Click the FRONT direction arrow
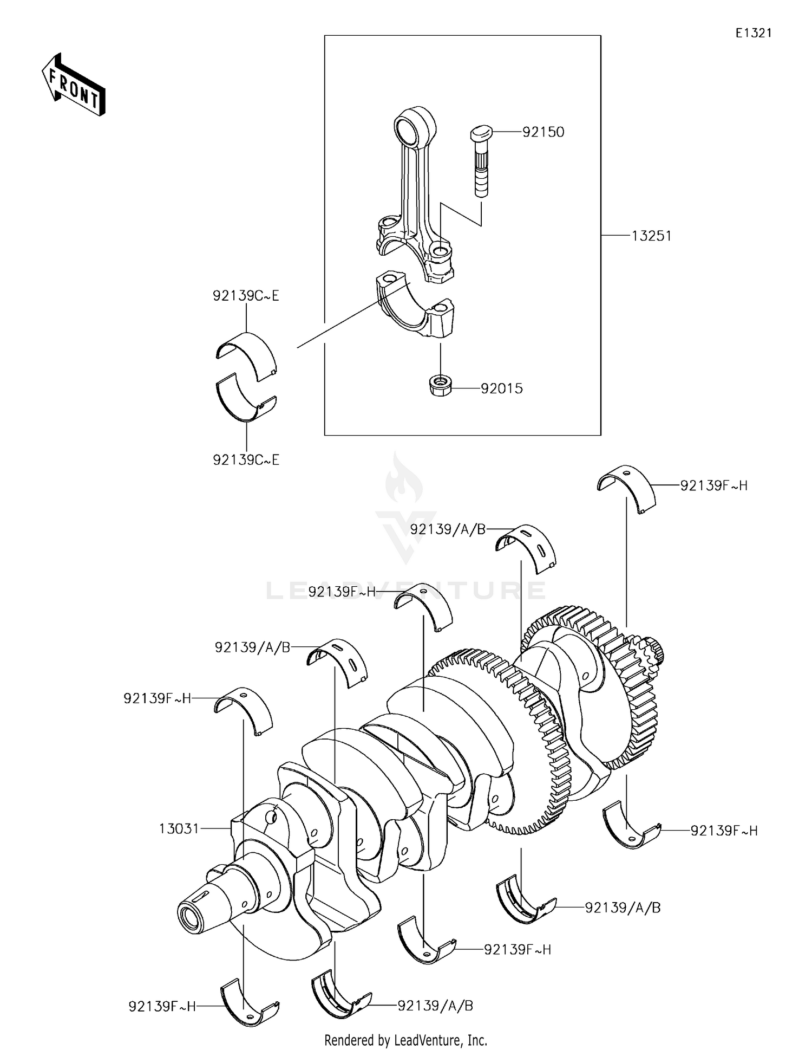[74, 85]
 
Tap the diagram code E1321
[753, 33]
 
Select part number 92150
[543, 132]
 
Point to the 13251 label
[651, 236]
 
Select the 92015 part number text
[502, 388]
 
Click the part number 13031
[179, 828]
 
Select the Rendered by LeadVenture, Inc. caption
[405, 1040]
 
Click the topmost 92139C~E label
[246, 296]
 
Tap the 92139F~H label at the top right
[713, 485]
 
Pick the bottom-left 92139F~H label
[162, 1006]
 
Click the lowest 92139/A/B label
[435, 1006]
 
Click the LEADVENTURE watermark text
[406, 590]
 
